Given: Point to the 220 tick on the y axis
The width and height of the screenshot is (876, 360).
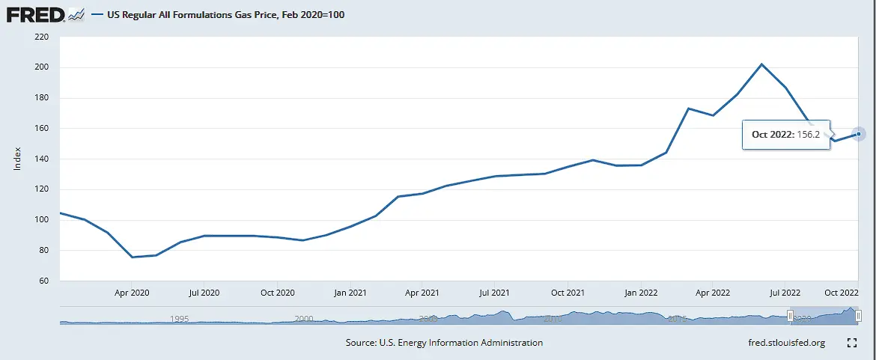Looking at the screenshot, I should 41,37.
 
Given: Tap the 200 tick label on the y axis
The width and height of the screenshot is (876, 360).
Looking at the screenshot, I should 41,67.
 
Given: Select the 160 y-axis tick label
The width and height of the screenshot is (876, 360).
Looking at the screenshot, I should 41,129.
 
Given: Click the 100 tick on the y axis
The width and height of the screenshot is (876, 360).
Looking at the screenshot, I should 41,220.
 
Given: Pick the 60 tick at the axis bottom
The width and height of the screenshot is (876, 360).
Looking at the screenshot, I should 43,281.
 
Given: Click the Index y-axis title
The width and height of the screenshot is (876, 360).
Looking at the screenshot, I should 17,158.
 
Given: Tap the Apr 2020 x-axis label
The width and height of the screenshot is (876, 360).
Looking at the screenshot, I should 131,293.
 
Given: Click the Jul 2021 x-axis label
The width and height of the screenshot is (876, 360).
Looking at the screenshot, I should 494,293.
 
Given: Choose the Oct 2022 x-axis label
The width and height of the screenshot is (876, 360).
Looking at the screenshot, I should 842,293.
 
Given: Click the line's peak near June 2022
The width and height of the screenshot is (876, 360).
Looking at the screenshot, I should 761,64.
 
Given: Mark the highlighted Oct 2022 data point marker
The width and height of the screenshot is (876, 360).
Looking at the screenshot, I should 859,134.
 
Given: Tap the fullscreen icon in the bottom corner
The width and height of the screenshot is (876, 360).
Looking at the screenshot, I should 851,343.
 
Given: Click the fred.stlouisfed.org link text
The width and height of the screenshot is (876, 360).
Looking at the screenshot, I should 781,343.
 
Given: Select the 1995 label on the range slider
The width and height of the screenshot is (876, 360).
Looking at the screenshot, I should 179,318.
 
